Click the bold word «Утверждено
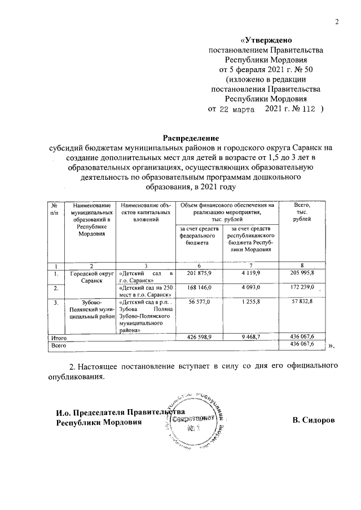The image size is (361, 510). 266,40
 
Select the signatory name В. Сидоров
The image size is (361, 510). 313,420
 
